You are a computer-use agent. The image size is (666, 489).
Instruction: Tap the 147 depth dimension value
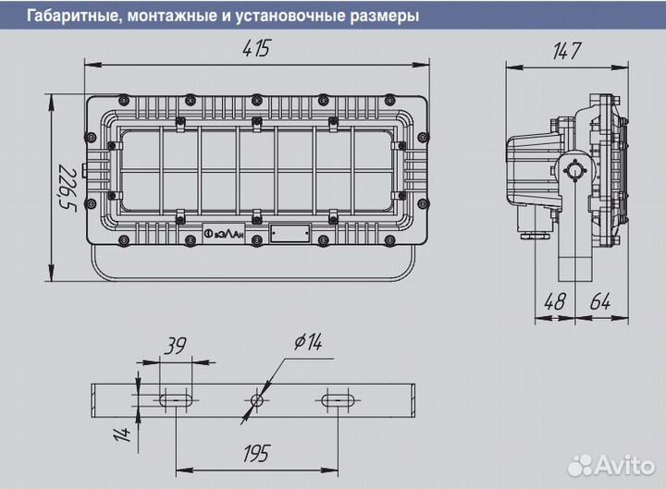pos(565,52)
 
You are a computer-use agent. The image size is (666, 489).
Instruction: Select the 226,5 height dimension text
pos(64,187)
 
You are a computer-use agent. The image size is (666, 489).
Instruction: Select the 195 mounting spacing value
pos(255,453)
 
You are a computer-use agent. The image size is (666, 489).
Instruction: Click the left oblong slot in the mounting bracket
pos(175,401)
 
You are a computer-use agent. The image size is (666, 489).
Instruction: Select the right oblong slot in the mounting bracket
pos(339,401)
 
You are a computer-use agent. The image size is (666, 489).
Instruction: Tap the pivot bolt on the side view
pos(575,170)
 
